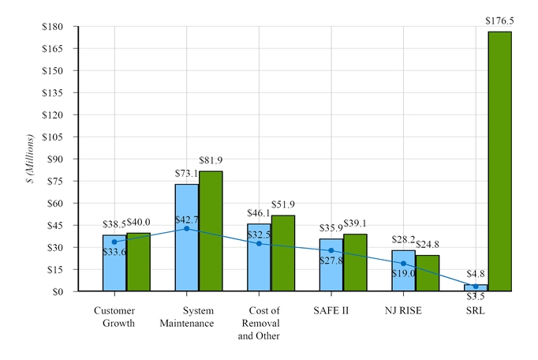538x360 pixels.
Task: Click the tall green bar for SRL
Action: tap(499, 161)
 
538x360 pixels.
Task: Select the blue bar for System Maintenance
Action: tap(187, 238)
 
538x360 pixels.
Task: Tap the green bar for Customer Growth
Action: tap(138, 262)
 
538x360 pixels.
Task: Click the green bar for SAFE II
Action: tap(355, 263)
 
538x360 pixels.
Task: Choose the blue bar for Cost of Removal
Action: tap(259, 257)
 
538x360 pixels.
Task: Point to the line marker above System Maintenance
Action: tap(187, 228)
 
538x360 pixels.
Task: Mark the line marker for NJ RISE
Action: tap(403, 264)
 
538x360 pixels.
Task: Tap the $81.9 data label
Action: tap(211, 161)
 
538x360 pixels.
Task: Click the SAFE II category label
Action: tap(331, 310)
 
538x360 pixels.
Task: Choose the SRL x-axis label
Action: tap(475, 310)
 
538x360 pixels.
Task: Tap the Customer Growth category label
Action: tap(114, 317)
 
